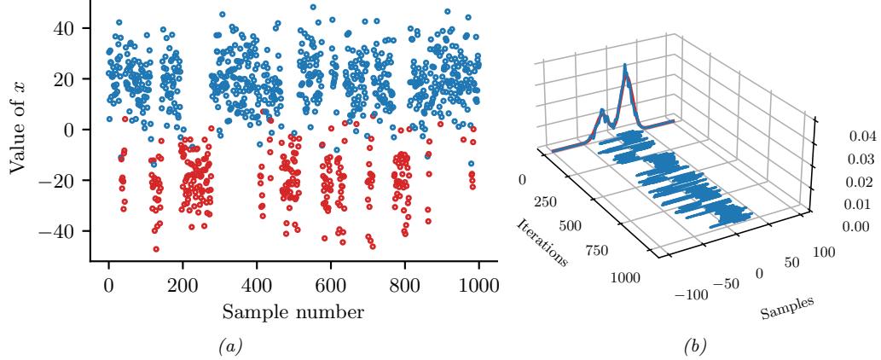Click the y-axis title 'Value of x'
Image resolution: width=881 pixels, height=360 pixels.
coord(18,128)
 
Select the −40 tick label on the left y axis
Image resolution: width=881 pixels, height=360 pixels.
coord(65,231)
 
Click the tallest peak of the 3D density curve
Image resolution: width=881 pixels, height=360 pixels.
coord(625,65)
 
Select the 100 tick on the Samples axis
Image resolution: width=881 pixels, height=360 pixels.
coord(824,253)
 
